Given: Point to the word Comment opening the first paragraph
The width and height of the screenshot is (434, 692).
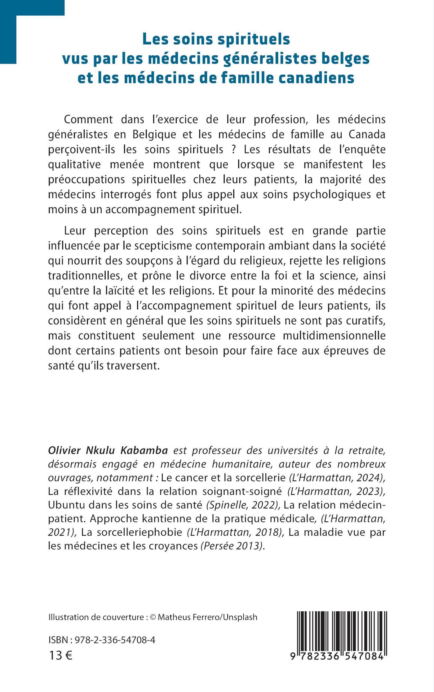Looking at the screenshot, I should click(88, 119).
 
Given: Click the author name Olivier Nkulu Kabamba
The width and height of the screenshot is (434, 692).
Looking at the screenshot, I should click(108, 451).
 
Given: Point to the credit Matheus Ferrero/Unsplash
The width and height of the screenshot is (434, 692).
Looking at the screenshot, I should click(207, 617).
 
